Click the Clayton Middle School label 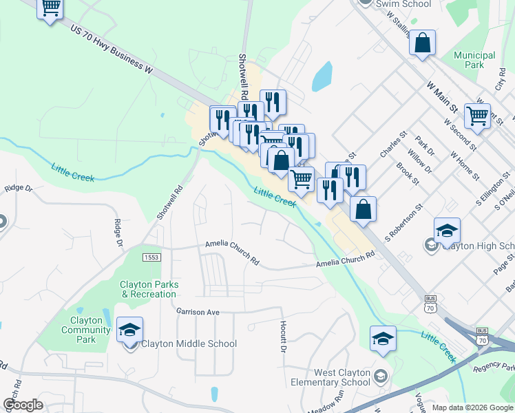click(189, 344)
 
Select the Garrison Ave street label click(197, 312)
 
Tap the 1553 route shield click(151, 257)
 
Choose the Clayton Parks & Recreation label click(149, 289)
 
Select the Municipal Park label click(474, 60)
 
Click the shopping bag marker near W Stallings click(422, 43)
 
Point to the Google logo click(23, 405)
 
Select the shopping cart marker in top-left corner click(50, 8)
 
